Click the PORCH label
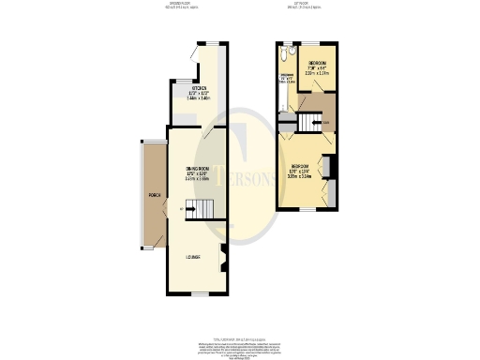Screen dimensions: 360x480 (154, 195)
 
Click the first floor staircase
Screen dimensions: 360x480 (309, 122)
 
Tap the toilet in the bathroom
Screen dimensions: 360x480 (285, 60)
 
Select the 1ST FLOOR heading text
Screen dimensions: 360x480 (303, 5)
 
